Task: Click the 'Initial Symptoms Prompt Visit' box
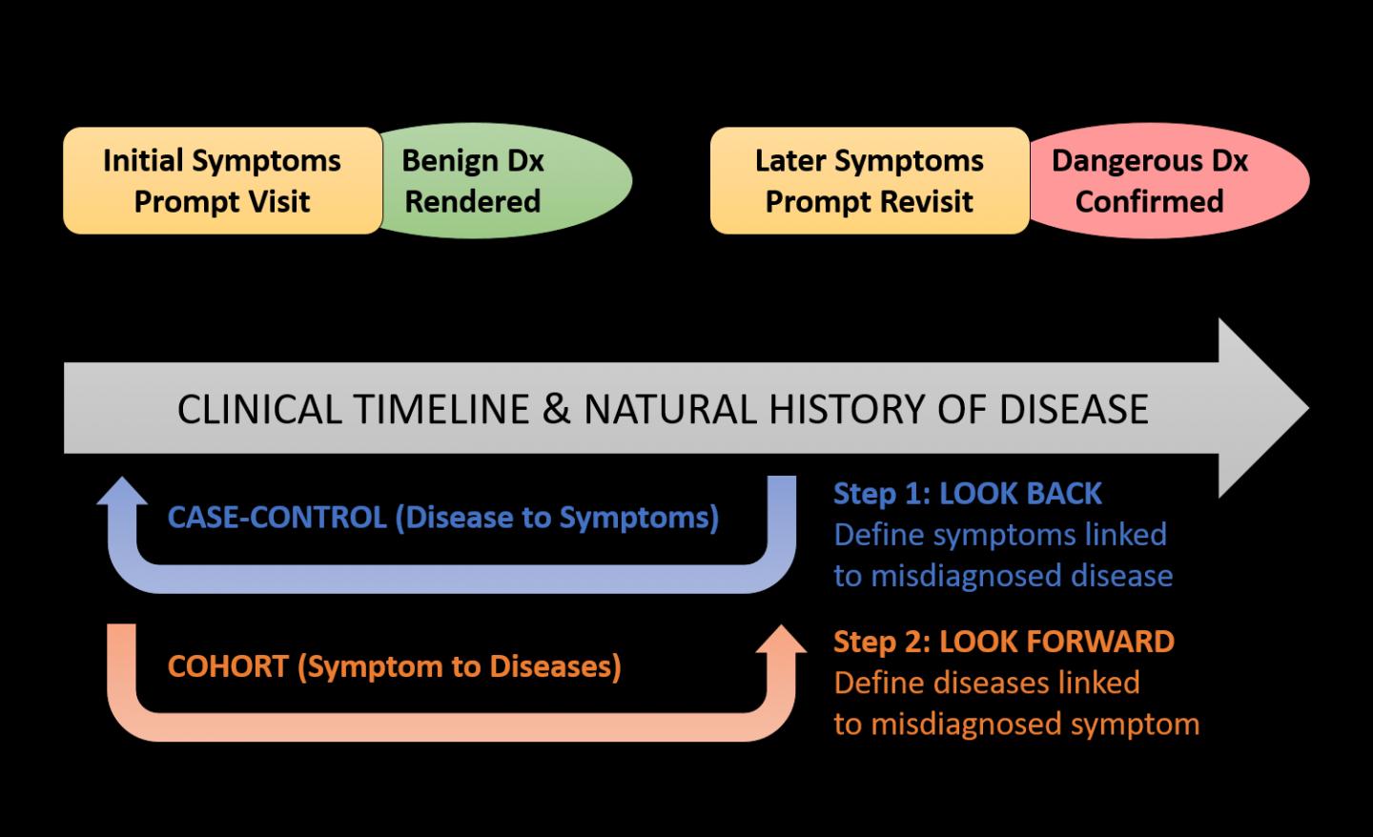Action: [222, 181]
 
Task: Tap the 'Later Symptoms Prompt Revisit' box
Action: [869, 181]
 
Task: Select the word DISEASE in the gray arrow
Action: [1074, 409]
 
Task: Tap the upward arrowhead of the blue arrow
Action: [123, 492]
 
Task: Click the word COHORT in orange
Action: [228, 665]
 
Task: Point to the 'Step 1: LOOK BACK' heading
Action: [967, 493]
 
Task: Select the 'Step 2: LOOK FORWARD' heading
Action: [1003, 641]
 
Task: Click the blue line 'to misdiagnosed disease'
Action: [1002, 576]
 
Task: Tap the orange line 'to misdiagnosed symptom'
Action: [1015, 724]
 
